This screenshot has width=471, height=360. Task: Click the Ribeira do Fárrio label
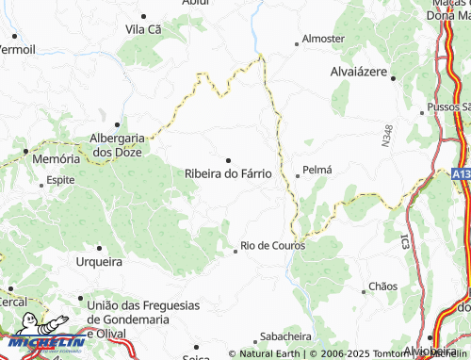click(x=228, y=173)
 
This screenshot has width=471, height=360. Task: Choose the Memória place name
click(x=57, y=159)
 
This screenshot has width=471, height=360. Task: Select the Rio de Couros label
click(x=278, y=245)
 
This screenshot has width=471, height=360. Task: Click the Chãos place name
click(x=383, y=285)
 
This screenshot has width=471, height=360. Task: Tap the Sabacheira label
click(x=285, y=335)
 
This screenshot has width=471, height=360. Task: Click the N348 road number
click(x=386, y=135)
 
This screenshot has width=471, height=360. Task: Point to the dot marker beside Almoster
click(x=296, y=41)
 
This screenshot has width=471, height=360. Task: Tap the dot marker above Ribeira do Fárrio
click(x=228, y=159)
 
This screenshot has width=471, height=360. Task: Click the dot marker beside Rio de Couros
click(x=235, y=251)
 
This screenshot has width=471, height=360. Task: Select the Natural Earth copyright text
click(x=267, y=353)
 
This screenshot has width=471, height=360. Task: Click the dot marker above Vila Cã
click(x=143, y=16)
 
